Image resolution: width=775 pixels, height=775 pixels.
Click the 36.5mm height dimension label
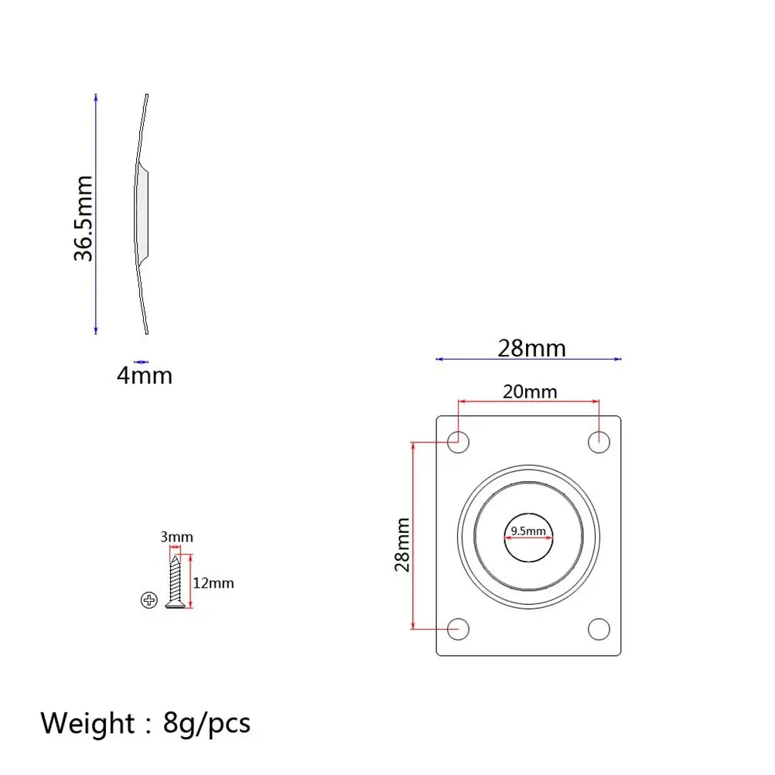pyautogui.click(x=83, y=218)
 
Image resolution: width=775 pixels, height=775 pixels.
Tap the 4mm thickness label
pyautogui.click(x=145, y=376)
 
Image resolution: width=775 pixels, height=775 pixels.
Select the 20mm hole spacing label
pyautogui.click(x=530, y=391)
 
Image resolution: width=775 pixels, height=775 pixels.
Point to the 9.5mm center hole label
pyautogui.click(x=528, y=531)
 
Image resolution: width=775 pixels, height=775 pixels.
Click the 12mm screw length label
pyautogui.click(x=213, y=583)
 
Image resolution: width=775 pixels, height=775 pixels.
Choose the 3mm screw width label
pyautogui.click(x=176, y=537)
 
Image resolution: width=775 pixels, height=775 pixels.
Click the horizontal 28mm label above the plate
pyautogui.click(x=531, y=349)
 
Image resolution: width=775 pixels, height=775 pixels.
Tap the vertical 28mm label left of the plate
pyautogui.click(x=402, y=545)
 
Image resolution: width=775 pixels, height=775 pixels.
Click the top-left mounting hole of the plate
pyautogui.click(x=458, y=442)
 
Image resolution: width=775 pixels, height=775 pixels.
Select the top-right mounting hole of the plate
pyautogui.click(x=599, y=442)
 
